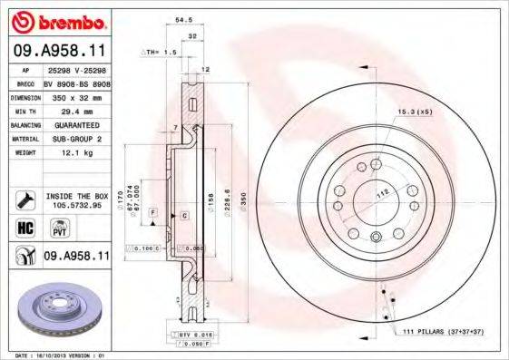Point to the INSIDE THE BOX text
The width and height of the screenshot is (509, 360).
[x=76, y=196]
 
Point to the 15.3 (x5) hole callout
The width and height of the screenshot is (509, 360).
[x=412, y=112]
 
